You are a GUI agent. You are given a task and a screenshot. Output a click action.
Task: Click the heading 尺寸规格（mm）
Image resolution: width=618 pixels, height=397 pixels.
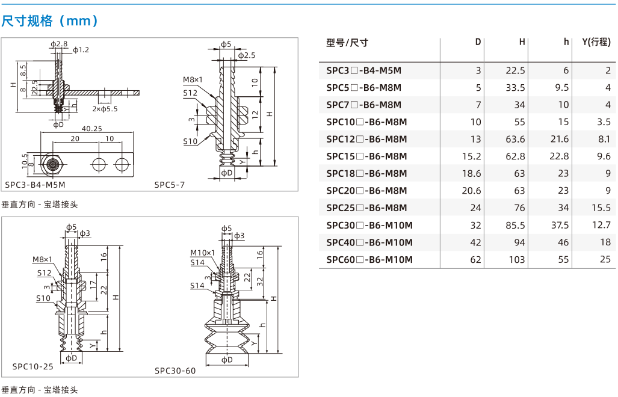coord(50,20)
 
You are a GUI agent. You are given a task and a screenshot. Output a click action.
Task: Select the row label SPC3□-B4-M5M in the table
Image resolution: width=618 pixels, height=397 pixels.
coord(363,70)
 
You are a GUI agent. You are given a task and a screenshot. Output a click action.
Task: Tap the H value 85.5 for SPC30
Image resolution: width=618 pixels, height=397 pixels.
coord(515,226)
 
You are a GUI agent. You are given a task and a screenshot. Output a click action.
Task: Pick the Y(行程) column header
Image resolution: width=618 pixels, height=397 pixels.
coord(596,42)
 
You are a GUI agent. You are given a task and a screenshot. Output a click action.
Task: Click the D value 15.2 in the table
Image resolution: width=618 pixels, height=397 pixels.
coord(471,156)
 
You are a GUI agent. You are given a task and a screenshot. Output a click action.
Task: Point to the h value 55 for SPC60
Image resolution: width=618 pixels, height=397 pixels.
coord(563,259)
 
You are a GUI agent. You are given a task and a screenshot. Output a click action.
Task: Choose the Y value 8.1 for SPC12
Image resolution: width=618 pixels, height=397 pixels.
coord(604,139)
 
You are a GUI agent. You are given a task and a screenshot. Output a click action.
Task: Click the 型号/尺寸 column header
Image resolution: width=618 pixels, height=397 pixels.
coord(347,43)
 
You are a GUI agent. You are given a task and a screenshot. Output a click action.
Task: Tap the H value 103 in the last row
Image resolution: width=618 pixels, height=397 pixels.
coord(516,259)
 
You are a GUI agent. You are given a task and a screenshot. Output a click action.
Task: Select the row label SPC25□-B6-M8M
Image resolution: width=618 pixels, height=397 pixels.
coord(366,208)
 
